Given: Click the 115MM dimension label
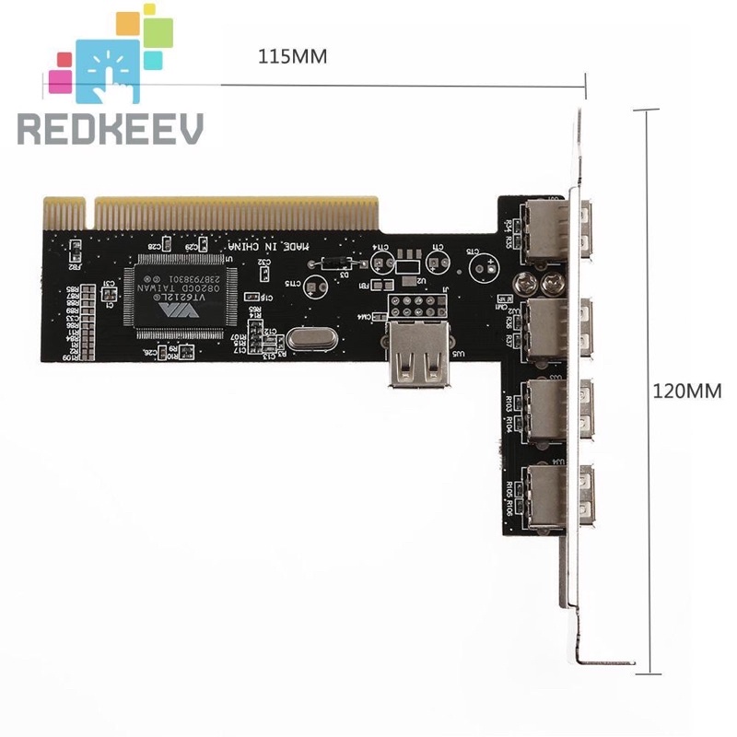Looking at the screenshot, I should pyautogui.click(x=292, y=56).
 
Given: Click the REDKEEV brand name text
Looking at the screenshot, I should pyautogui.click(x=110, y=128).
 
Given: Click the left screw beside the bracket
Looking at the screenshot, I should pyautogui.click(x=528, y=280).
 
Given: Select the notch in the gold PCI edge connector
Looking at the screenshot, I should pyautogui.click(x=88, y=214).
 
